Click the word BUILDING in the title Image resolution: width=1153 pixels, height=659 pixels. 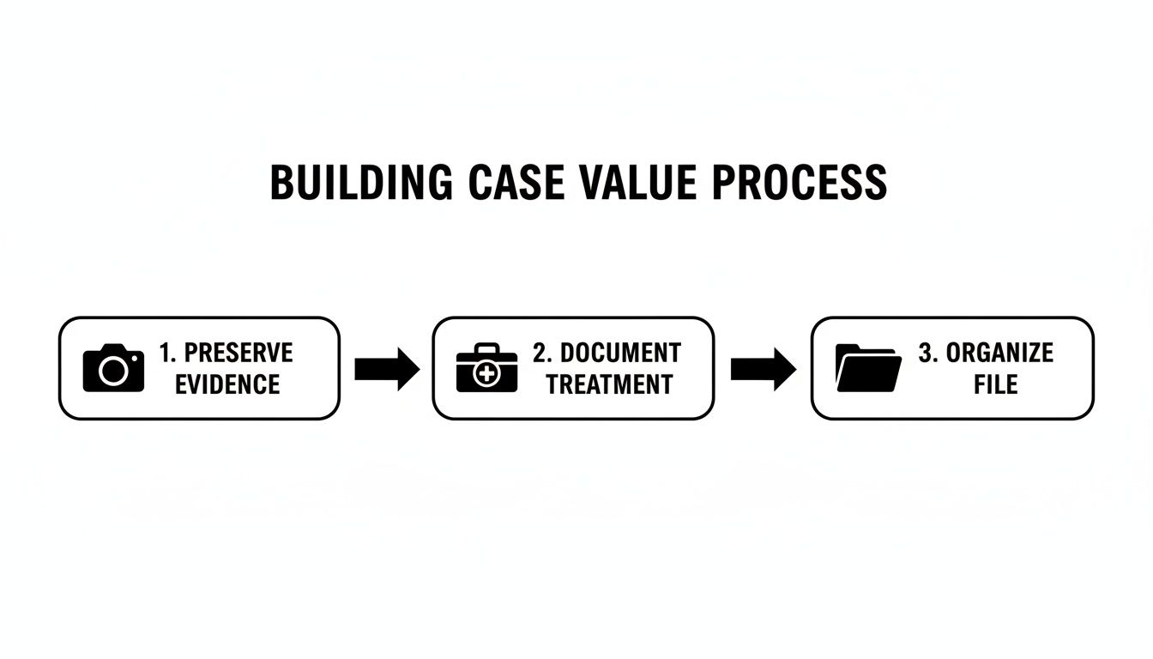coord(360,183)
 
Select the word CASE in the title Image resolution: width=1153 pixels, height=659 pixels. coord(516,183)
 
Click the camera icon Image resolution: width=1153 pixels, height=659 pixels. coord(113,368)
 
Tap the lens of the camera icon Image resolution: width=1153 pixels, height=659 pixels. coord(112,372)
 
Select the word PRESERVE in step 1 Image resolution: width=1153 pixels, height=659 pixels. coord(238,353)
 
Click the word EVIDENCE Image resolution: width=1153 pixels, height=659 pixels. coord(227,384)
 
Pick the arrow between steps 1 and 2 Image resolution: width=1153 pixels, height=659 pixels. coord(387,369)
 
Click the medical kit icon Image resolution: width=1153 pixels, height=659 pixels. coord(486,368)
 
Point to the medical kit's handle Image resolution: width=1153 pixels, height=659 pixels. coord(486,348)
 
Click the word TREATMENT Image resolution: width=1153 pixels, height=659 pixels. coord(609,384)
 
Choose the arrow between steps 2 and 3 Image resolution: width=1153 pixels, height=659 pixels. coord(764,369)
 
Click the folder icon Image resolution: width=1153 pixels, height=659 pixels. coord(867,368)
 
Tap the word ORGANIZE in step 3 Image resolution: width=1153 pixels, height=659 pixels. coord(999,353)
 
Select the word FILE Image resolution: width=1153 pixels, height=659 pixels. coord(995,384)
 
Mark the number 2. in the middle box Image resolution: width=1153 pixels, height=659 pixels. coord(543,353)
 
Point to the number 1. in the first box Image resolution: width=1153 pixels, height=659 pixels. coord(167,353)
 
